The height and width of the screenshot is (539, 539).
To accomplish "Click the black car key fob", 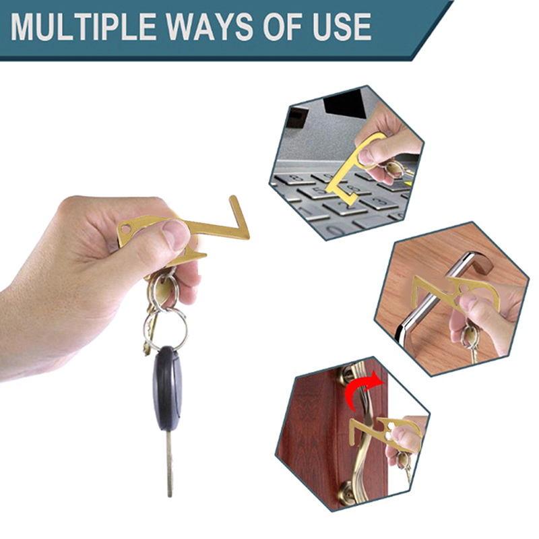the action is pyautogui.click(x=167, y=389).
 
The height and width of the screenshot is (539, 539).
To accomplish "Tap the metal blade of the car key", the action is pyautogui.click(x=170, y=464).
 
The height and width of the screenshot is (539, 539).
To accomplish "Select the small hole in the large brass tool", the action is pyautogui.click(x=128, y=228).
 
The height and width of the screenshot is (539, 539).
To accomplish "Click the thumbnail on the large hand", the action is pyautogui.click(x=175, y=232).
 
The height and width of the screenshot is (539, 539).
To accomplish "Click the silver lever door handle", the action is pyautogui.click(x=437, y=296).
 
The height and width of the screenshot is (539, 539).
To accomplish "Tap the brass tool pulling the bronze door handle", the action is pyautogui.click(x=385, y=434).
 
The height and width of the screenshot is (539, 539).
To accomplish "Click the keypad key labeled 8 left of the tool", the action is pyautogui.click(x=294, y=178).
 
